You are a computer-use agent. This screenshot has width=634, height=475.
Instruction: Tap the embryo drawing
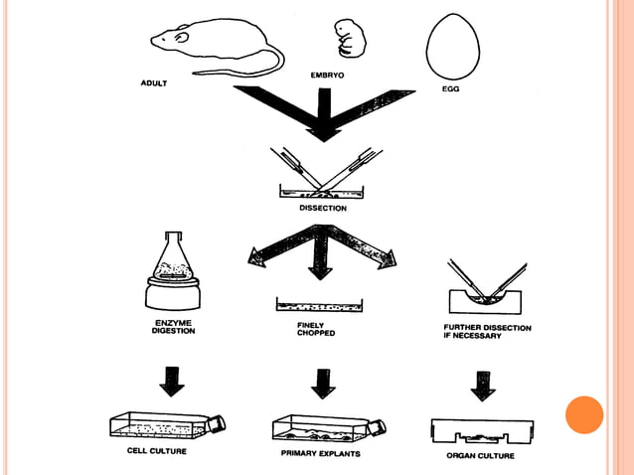click(x=347, y=38)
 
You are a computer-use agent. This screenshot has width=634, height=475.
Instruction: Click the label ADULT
click(x=153, y=83)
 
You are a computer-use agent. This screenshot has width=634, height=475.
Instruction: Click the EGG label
click(x=450, y=89)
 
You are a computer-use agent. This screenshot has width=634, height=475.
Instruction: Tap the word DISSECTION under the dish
click(x=323, y=209)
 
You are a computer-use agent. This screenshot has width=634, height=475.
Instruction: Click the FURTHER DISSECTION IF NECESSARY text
click(x=487, y=332)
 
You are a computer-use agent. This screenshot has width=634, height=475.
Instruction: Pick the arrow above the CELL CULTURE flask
click(x=172, y=381)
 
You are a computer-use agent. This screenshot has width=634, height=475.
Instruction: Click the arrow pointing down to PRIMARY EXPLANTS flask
click(x=321, y=382)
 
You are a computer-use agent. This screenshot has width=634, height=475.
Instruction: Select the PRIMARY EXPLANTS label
click(x=320, y=453)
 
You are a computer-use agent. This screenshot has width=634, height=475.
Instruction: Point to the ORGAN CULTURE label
click(x=481, y=455)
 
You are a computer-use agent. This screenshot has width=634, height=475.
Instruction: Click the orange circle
click(x=584, y=414)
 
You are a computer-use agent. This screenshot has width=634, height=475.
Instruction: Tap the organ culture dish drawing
click(x=481, y=430)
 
